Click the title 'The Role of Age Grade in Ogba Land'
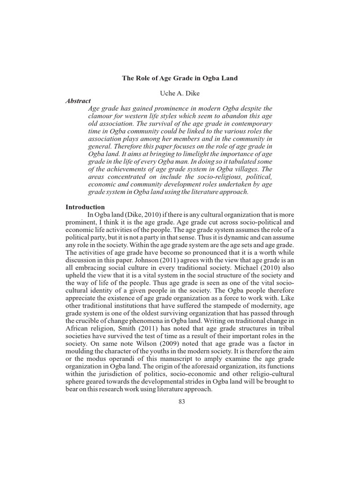tap(180, 78)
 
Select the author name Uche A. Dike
tap(180, 92)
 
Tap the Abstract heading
tap(78, 100)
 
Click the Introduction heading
tap(85, 207)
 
